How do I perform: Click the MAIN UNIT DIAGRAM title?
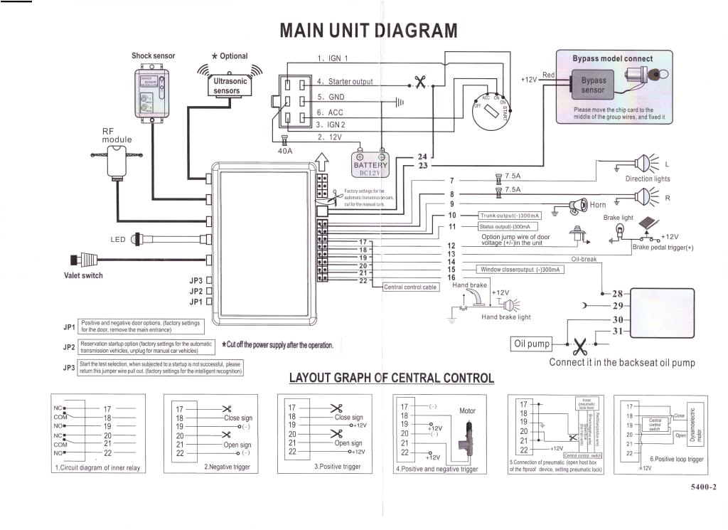point(368,31)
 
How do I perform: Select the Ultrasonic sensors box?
point(230,86)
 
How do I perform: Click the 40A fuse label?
point(284,150)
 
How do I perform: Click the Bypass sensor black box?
point(593,85)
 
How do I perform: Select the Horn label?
point(598,205)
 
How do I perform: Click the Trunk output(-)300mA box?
point(509,215)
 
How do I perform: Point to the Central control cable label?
point(411,287)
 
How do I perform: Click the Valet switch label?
point(83,276)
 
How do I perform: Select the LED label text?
point(118,240)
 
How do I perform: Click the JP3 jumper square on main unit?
point(209,281)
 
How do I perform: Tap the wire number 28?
point(617,293)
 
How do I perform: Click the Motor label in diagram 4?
point(467,410)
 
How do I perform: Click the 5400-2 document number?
point(702,487)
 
